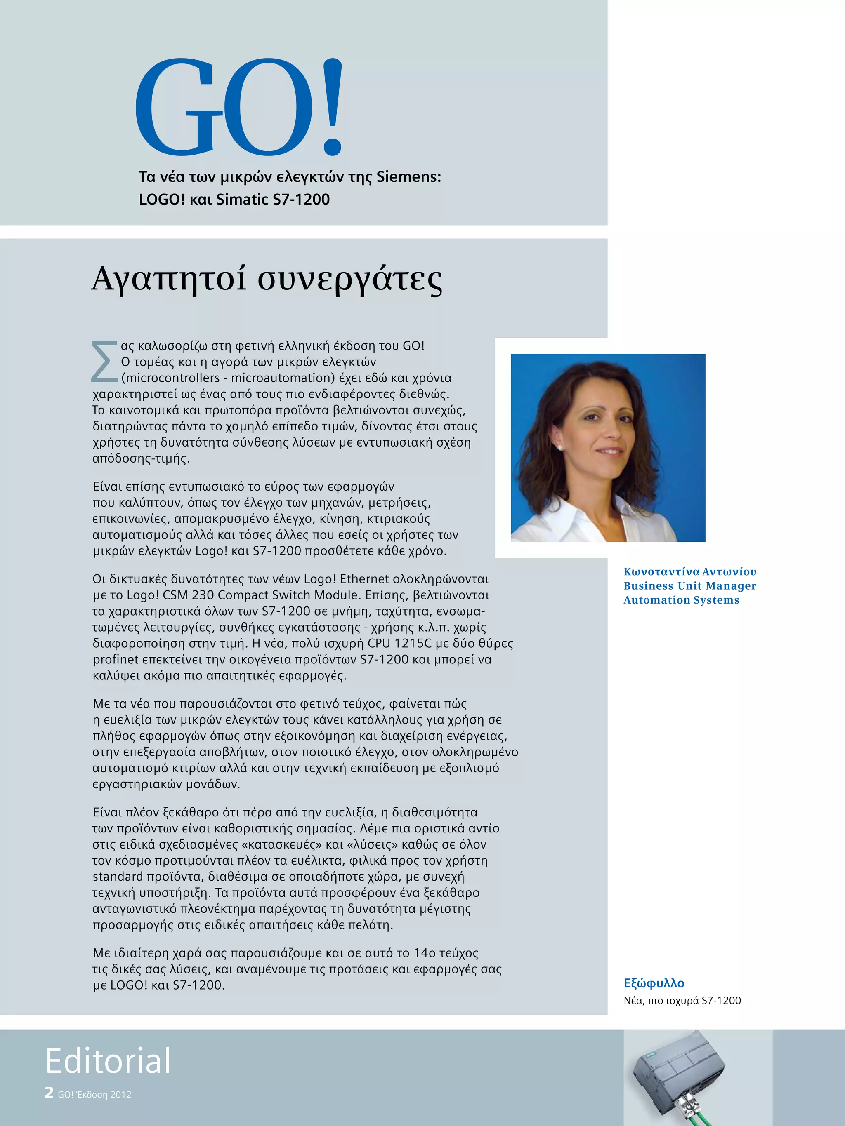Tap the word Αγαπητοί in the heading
[x=170, y=279]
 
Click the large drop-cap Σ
[x=104, y=362]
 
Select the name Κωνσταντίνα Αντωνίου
[x=689, y=571]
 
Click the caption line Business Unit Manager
[x=689, y=586]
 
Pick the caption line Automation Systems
[x=681, y=600]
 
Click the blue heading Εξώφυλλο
[x=654, y=983]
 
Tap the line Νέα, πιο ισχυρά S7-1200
[x=682, y=1001]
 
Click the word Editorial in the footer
[x=108, y=1062]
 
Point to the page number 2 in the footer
[x=49, y=1093]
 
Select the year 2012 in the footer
[x=121, y=1094]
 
